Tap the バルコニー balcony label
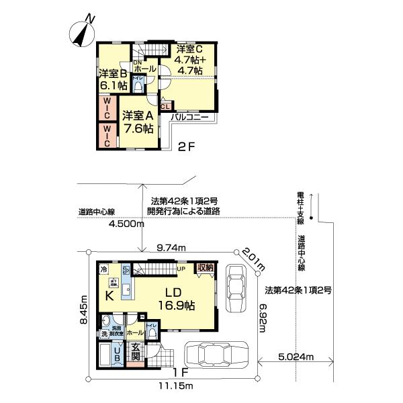click(x=192, y=118)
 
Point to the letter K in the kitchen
click(x=107, y=293)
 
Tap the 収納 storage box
click(x=206, y=267)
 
